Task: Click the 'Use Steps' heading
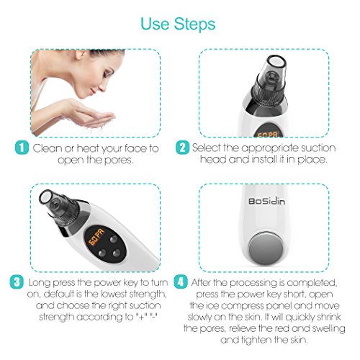tap(178, 24)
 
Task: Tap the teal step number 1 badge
tap(22, 148)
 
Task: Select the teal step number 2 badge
tap(182, 148)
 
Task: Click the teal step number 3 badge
tap(17, 282)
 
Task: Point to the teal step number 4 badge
tap(181, 282)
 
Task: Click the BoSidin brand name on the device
tap(266, 201)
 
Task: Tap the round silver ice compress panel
tap(265, 248)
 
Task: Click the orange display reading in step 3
tap(97, 238)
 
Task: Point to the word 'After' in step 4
tap(201, 282)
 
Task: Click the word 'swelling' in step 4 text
tap(328, 328)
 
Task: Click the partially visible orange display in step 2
tap(267, 134)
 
